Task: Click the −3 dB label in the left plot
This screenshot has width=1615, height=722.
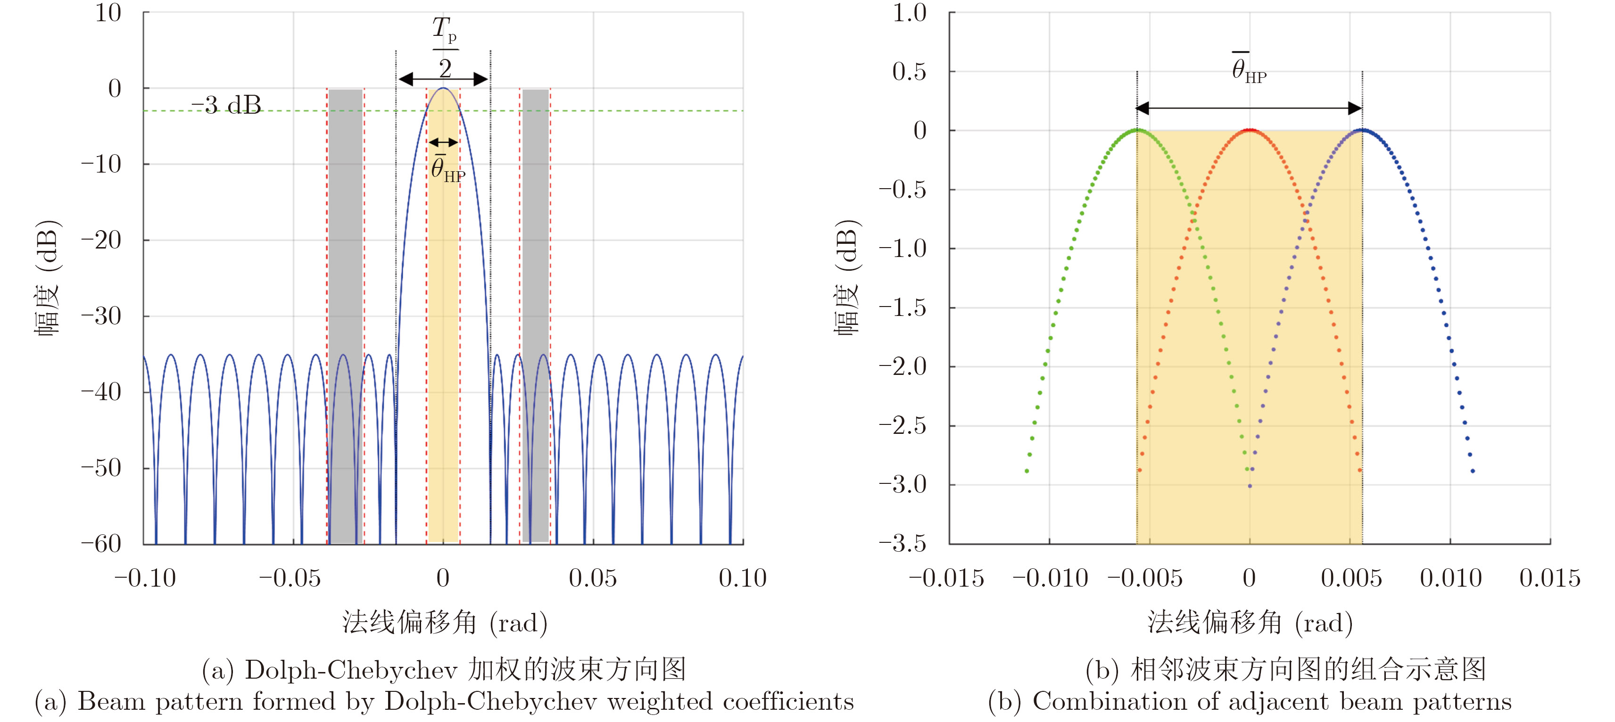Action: click(x=226, y=105)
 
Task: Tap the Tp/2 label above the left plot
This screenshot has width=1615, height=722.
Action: click(x=445, y=48)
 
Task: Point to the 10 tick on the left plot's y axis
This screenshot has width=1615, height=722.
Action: click(x=108, y=13)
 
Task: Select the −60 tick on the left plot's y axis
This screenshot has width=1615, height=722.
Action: click(x=101, y=543)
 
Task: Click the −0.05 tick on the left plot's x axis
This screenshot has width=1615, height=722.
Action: click(x=290, y=578)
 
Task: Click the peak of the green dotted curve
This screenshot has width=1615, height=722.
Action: click(x=1137, y=131)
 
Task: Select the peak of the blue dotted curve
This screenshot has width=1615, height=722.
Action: click(x=1362, y=131)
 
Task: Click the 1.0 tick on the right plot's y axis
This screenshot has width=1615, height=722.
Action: click(x=909, y=13)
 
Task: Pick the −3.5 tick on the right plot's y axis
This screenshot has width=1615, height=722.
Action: click(x=903, y=543)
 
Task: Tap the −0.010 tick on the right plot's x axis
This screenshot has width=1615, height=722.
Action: click(x=1051, y=578)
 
